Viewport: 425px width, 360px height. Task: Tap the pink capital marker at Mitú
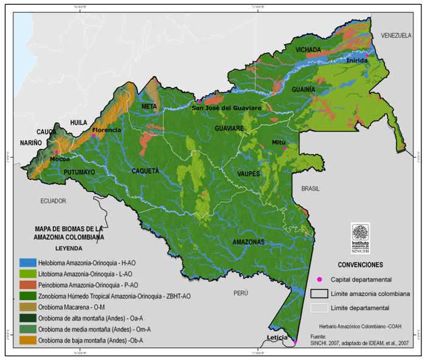[285, 148]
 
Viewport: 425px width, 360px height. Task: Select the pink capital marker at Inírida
[367, 55]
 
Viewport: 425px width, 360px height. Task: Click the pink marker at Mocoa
[57, 152]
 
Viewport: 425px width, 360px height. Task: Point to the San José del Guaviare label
[226, 108]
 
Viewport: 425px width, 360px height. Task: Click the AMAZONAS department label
[248, 242]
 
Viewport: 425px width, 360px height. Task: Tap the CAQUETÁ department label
[145, 171]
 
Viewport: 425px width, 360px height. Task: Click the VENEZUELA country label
[396, 36]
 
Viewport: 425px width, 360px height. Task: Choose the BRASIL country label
[309, 189]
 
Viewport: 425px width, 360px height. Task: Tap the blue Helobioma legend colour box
[26, 263]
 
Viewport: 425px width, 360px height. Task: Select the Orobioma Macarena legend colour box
[26, 307]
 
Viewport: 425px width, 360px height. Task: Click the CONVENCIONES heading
[360, 265]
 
